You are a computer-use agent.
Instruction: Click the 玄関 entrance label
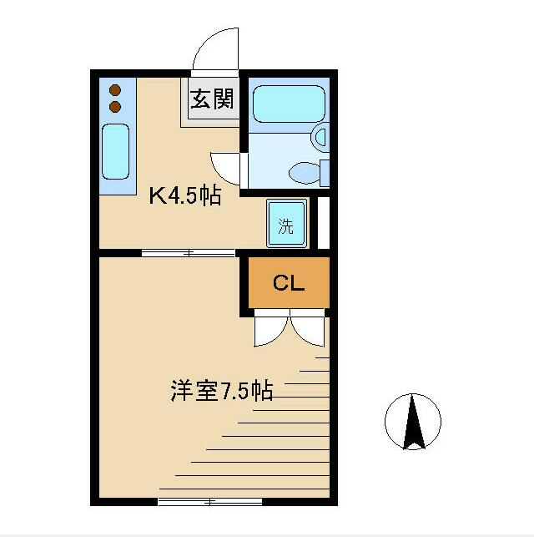pos(213,101)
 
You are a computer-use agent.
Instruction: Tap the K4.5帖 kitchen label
pos(184,196)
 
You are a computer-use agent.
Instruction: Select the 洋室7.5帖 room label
pos(222,391)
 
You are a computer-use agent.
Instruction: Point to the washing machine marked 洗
pos(286,224)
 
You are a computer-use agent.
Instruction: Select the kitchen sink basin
pos(115,151)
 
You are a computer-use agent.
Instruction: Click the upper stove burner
pos(116,90)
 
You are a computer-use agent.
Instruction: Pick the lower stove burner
pos(116,106)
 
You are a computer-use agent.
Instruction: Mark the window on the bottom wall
pos(209,501)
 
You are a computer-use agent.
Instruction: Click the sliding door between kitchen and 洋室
pos(176,252)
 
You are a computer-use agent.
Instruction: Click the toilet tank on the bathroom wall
pos(325,172)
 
